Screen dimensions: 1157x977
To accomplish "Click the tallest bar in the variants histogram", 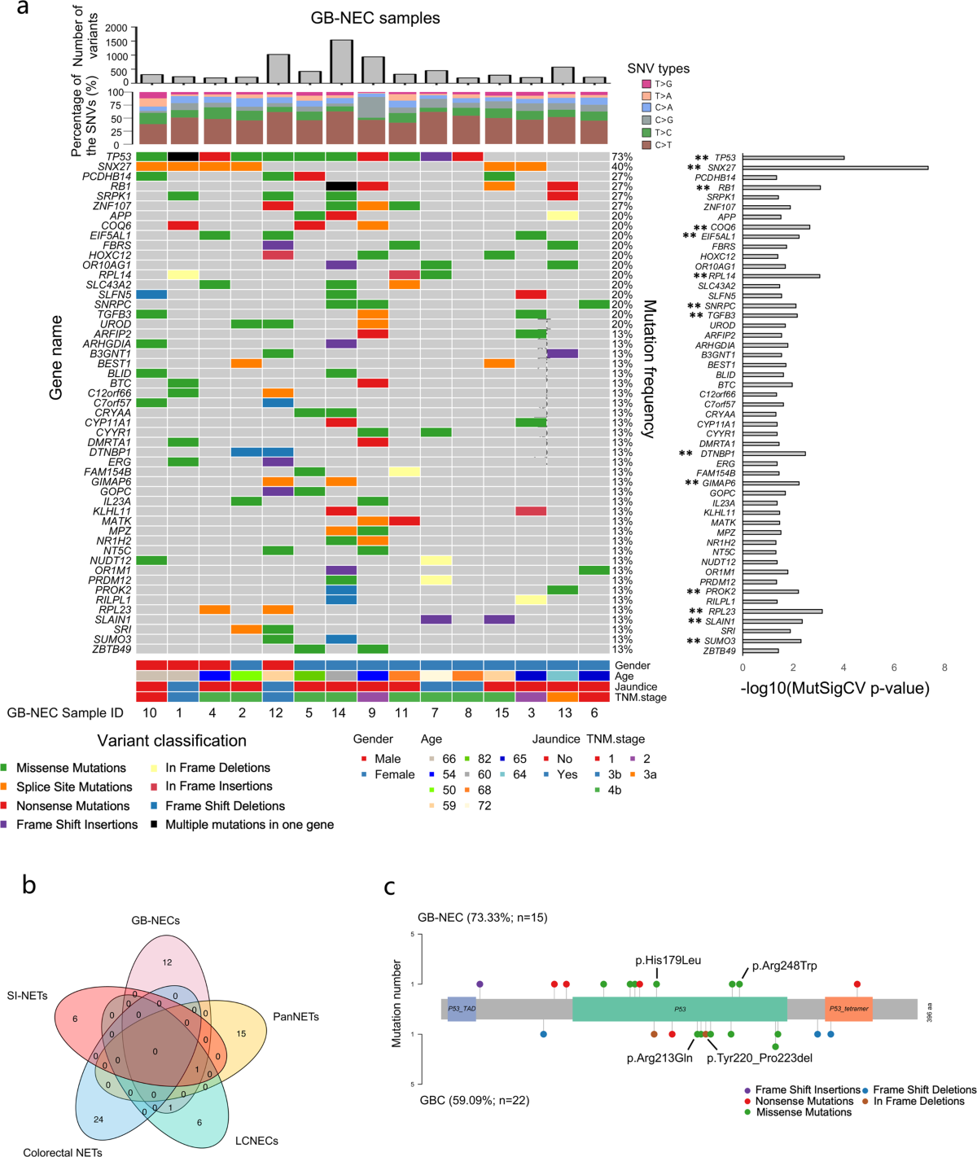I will click(x=341, y=61).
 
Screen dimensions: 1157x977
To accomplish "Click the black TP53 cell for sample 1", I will click(x=183, y=156).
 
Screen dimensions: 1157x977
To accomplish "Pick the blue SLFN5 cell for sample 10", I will click(x=151, y=294).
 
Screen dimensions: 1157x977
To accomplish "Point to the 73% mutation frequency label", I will click(x=622, y=156).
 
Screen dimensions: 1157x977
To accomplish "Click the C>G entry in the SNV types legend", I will click(x=664, y=120).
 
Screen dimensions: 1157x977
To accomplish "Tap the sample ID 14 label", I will click(x=341, y=713).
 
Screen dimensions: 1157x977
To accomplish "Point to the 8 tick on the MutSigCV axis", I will click(x=944, y=668).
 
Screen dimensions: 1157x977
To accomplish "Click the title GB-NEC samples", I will click(x=375, y=18).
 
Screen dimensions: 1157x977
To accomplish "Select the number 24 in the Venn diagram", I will click(x=99, y=1120).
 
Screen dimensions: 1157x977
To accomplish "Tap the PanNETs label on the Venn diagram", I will click(x=296, y=1017).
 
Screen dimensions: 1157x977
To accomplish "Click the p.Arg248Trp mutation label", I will click(x=784, y=966).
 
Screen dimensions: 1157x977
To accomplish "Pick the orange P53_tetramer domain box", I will click(x=848, y=1009).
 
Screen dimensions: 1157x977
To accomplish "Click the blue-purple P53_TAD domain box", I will click(x=462, y=1009).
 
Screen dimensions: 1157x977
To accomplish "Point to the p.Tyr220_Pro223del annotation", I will click(x=759, y=1058).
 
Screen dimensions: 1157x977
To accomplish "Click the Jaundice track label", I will click(x=635, y=686).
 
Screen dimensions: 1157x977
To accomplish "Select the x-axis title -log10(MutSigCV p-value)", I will click(x=835, y=689).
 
